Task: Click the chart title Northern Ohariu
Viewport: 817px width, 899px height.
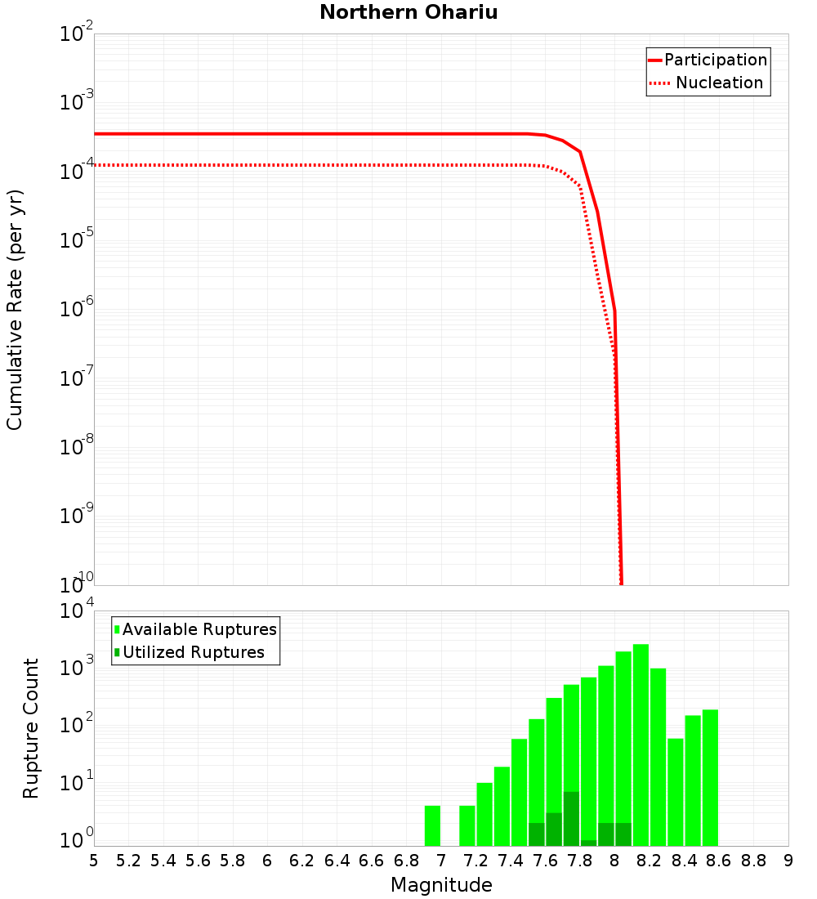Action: (x=408, y=12)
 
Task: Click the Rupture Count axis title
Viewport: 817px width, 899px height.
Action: (x=31, y=728)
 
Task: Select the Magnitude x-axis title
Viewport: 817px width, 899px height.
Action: (x=441, y=885)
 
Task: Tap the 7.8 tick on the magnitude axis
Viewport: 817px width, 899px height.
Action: (x=580, y=861)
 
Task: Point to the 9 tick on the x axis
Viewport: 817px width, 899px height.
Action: (x=788, y=861)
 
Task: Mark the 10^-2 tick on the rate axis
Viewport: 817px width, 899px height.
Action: (x=78, y=34)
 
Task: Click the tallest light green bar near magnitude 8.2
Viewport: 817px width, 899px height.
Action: (x=641, y=744)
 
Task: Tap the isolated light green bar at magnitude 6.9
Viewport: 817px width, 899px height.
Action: (x=432, y=825)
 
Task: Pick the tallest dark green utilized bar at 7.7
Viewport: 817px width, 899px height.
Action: (x=571, y=818)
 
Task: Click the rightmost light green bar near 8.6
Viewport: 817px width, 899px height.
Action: (x=710, y=776)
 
